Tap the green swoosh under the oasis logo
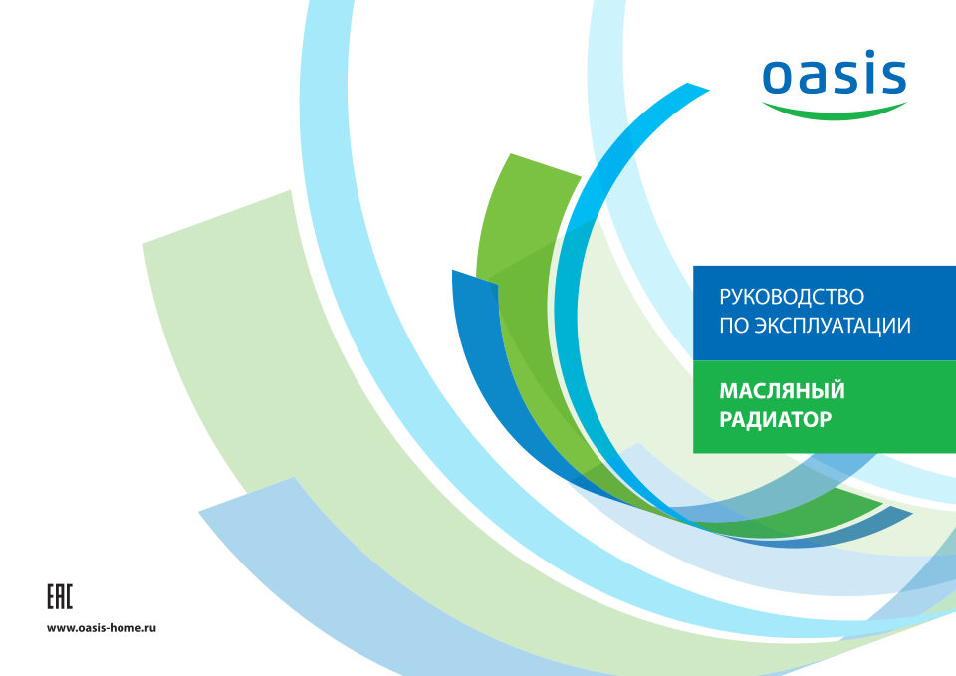[x=835, y=113]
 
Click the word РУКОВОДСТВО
[x=792, y=297]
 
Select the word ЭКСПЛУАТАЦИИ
[x=833, y=326]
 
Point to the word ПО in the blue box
[x=734, y=326]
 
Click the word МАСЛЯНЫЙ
[x=783, y=390]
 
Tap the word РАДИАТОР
[x=776, y=420]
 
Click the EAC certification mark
[x=60, y=596]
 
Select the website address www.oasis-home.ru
[x=102, y=628]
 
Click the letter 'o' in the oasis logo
[x=779, y=77]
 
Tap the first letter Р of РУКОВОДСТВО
[x=726, y=297]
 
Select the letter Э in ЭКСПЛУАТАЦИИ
[x=762, y=326]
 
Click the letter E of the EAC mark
[x=51, y=596]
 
